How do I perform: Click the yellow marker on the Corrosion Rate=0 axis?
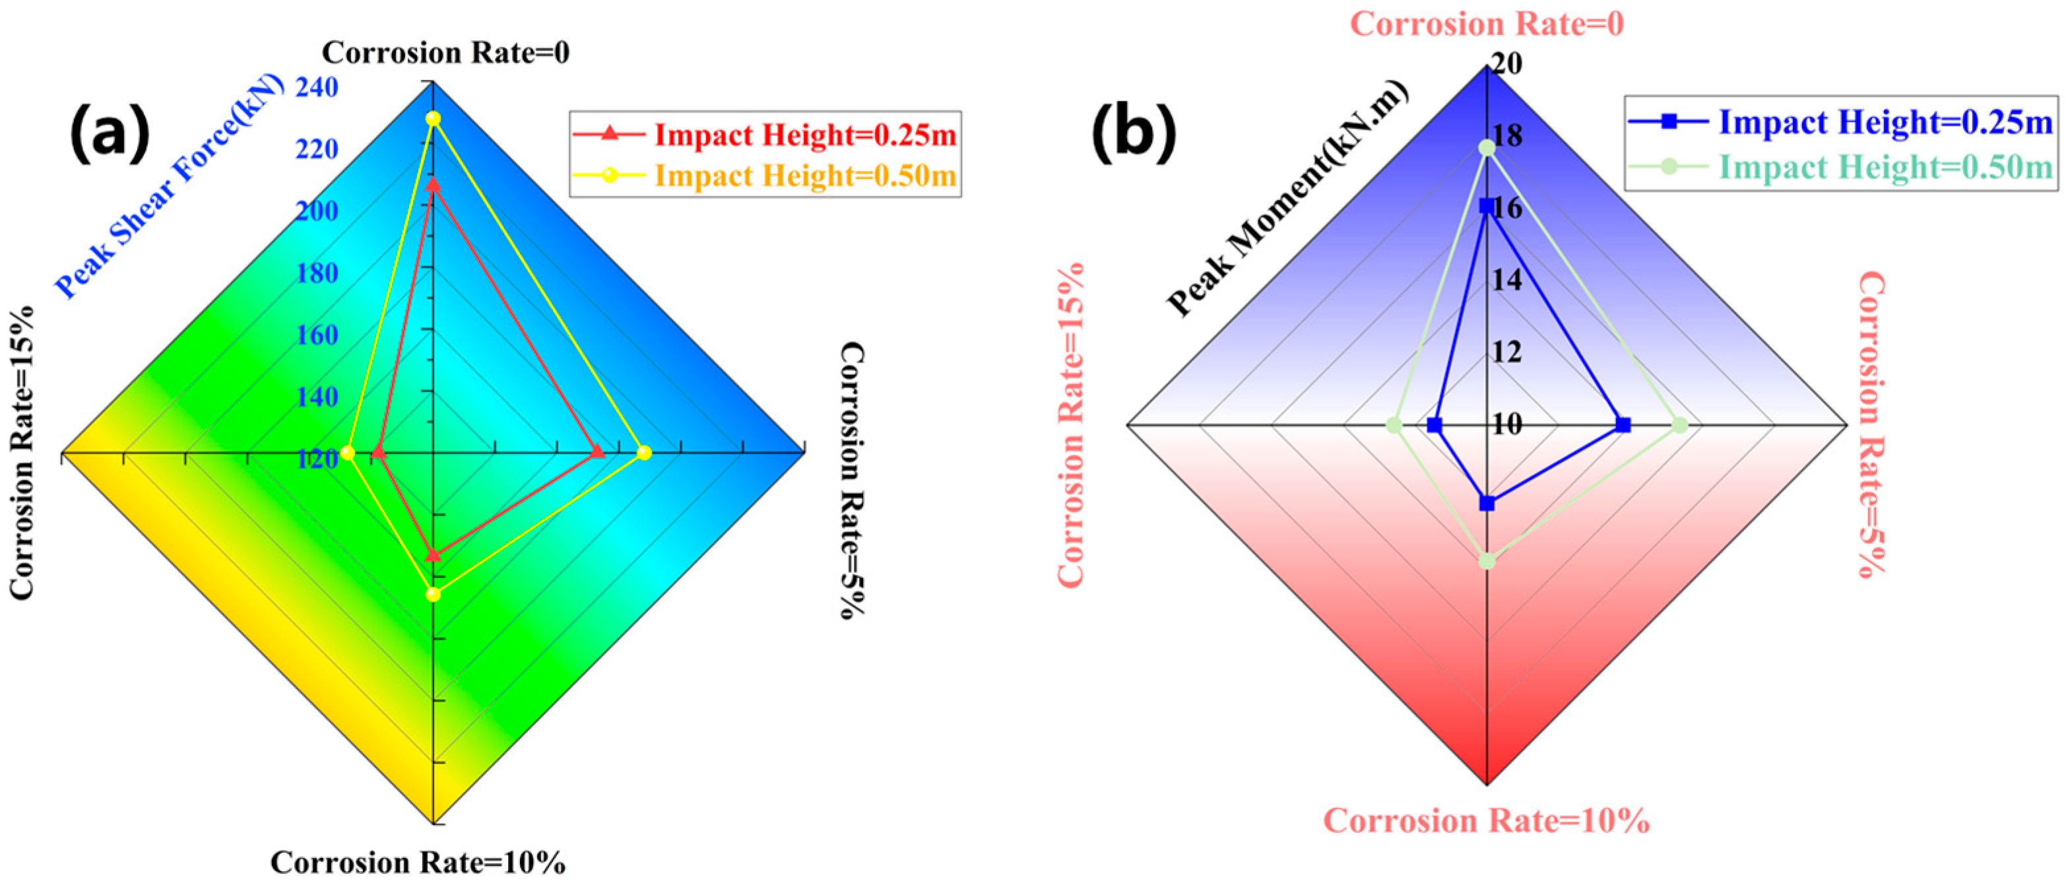[x=433, y=119]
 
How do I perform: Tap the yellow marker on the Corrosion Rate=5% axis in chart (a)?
[x=643, y=453]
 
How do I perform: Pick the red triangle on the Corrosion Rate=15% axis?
[x=378, y=454]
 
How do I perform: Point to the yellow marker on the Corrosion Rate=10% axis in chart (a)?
[x=433, y=594]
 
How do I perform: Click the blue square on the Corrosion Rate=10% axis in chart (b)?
[x=1487, y=504]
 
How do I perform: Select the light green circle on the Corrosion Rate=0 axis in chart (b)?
[x=1487, y=148]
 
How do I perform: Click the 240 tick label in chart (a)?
[x=317, y=88]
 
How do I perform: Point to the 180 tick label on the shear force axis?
[x=317, y=273]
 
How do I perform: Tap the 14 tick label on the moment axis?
[x=1506, y=280]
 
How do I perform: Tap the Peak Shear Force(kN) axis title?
[x=170, y=187]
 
